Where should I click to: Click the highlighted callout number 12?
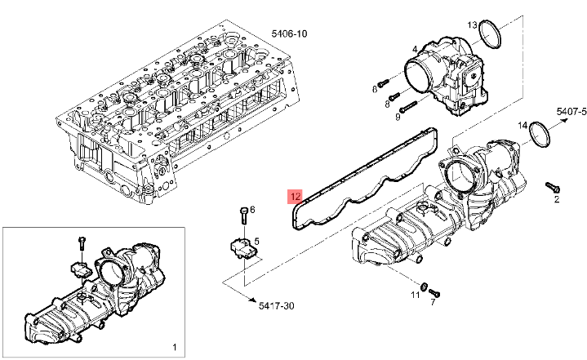pos(295,197)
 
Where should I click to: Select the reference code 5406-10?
pos(289,33)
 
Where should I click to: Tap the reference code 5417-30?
pos(276,306)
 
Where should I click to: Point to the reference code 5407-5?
pos(571,111)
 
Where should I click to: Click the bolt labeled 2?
pos(552,186)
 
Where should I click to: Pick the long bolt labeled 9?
pos(408,106)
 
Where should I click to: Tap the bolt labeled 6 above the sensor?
pos(243,216)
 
